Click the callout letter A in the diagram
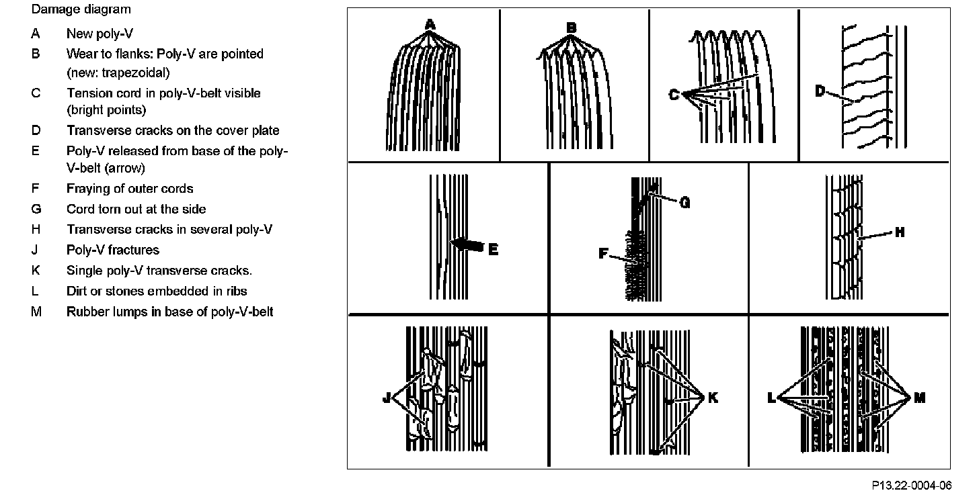click(430, 25)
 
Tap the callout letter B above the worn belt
click(571, 28)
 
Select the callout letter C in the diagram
click(674, 95)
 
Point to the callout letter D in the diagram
click(820, 91)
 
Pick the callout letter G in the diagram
click(685, 202)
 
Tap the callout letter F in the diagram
click(603, 253)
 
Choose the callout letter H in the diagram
click(900, 232)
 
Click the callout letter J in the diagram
click(386, 398)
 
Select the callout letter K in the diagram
click(713, 398)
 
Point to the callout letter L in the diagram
click(771, 398)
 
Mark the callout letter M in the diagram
click(919, 398)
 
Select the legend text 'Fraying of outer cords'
click(130, 189)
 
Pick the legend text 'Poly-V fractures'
click(112, 250)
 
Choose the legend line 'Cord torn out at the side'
click(136, 209)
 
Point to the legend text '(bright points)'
click(106, 109)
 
